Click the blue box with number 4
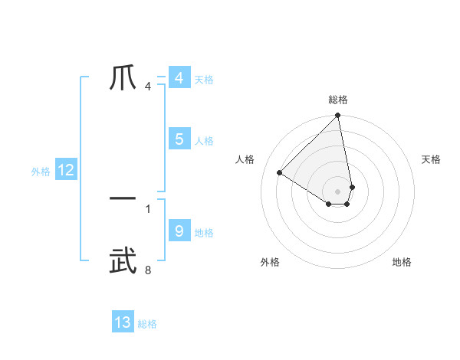[x=179, y=78]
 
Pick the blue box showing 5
[x=179, y=139]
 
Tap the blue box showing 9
[x=179, y=231]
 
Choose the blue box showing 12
[x=66, y=170]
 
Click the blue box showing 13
[x=123, y=322]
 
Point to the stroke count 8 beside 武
[x=147, y=270]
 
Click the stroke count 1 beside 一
[x=147, y=208]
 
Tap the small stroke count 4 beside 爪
[x=147, y=86]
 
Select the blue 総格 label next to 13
[x=147, y=324]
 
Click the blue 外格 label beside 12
[x=41, y=172]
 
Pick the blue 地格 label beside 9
[x=204, y=233]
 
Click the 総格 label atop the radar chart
[x=338, y=100]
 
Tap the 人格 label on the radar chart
[x=245, y=159]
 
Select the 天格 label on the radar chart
[x=432, y=159]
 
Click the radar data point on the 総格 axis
[x=338, y=116]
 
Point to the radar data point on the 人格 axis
[x=280, y=172]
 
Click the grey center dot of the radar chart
[x=338, y=191]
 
